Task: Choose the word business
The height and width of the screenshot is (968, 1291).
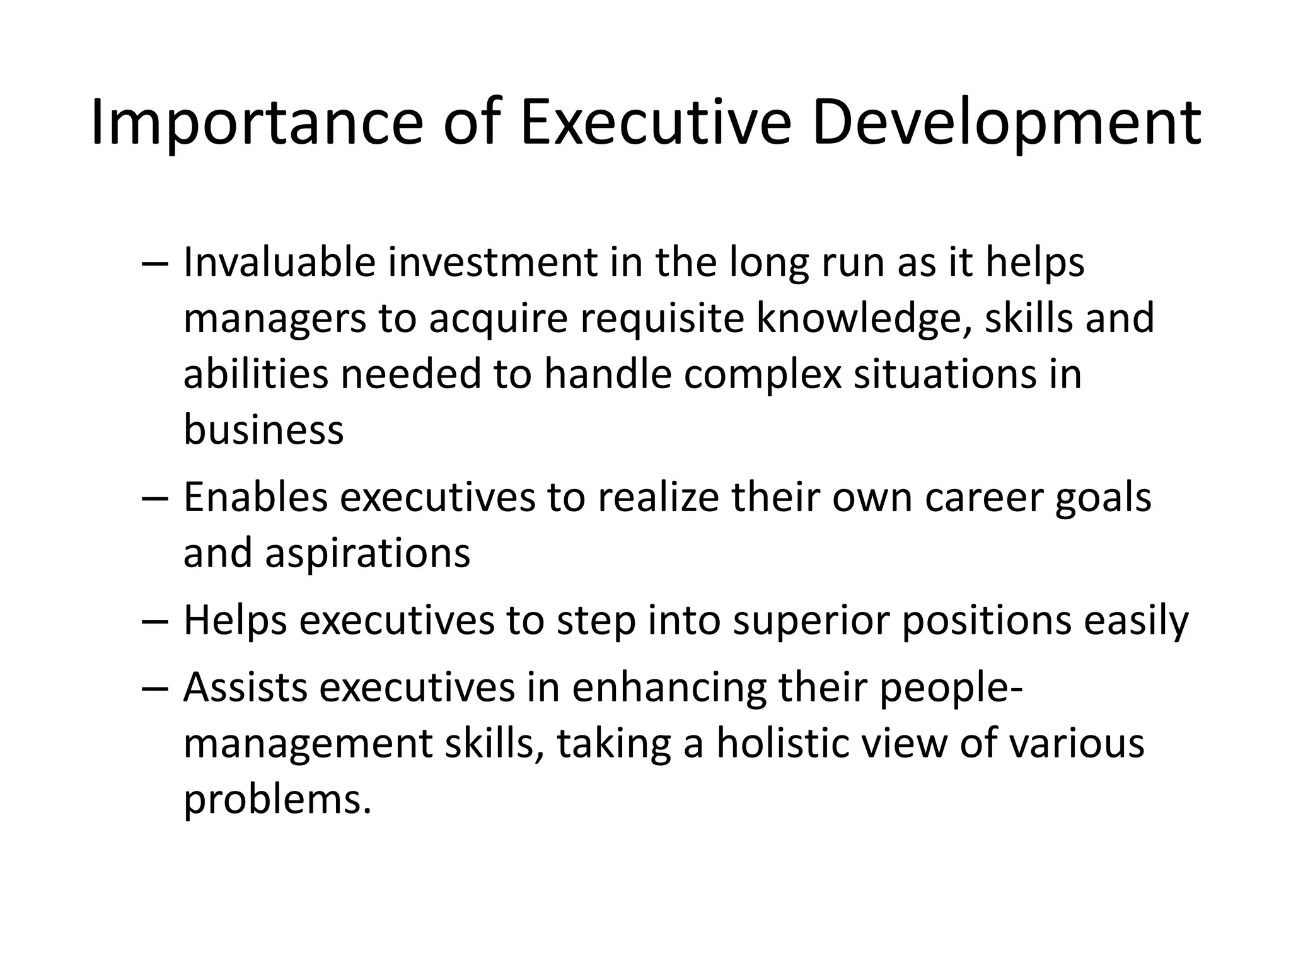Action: click(x=263, y=429)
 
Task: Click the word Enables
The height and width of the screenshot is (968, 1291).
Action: click(x=255, y=497)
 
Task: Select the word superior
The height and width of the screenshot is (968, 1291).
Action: click(x=811, y=621)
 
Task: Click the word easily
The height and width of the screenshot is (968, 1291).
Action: click(x=1136, y=621)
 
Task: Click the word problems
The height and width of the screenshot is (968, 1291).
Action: click(x=277, y=799)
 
